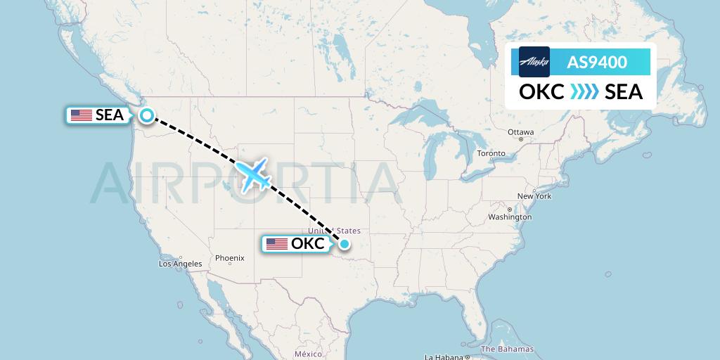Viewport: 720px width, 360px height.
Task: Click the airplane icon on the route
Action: pos(253,174)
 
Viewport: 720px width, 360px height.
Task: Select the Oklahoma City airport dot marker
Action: pos(345,245)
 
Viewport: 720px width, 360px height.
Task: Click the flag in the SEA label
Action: pos(82,115)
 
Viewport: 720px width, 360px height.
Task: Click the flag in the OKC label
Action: pos(277,244)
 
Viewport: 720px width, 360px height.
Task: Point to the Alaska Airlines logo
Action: pos(534,62)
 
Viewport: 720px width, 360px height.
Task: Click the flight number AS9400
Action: pos(597,63)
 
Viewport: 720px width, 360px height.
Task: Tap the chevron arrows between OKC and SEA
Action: pos(584,92)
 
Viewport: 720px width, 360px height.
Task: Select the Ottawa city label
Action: pos(520,132)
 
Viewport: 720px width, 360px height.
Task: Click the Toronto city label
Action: pos(491,153)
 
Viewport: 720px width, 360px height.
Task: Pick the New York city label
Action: pos(534,196)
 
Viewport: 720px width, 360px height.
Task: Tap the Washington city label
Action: pos(510,217)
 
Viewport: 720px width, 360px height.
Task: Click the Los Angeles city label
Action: pos(181,264)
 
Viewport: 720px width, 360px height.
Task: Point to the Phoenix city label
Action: pos(229,258)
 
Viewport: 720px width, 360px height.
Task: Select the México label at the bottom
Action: pos(308,354)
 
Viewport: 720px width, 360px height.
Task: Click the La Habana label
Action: pos(443,356)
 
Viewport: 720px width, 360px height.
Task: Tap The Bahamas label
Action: pos(507,349)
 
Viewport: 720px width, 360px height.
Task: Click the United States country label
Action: pos(334,231)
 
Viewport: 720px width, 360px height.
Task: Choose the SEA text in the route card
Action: pos(624,92)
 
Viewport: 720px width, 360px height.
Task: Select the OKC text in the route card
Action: pos(541,92)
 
